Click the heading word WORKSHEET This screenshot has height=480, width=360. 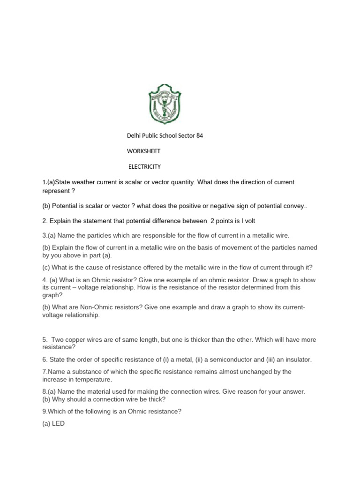(x=144, y=151)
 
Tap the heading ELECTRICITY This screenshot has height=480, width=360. (x=145, y=166)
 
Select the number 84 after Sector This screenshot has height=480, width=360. (x=199, y=136)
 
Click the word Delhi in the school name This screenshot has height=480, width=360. (x=135, y=136)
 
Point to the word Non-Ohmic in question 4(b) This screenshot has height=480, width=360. (x=99, y=307)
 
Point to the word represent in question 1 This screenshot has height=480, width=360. (x=58, y=191)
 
